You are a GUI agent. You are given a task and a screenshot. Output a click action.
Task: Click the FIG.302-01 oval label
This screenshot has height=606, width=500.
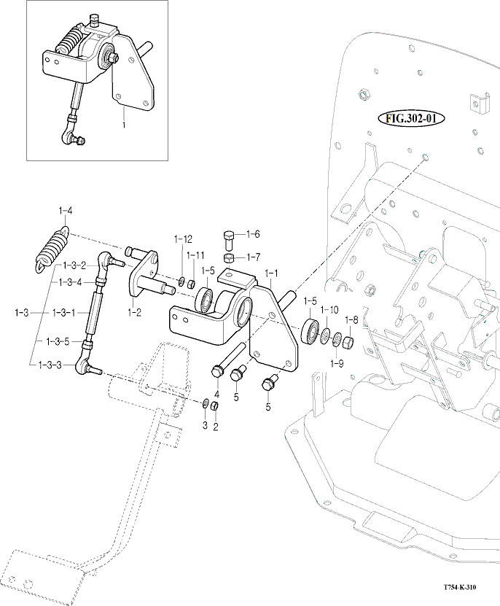[x=410, y=117]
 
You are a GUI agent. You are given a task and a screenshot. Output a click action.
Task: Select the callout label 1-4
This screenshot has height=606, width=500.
[x=65, y=211]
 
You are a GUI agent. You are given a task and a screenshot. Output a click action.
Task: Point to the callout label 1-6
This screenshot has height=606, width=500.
[x=253, y=234]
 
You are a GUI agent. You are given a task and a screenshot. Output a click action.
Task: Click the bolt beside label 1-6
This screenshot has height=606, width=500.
[x=227, y=239]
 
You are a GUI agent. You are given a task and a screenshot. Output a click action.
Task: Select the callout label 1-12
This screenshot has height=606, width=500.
[x=183, y=239]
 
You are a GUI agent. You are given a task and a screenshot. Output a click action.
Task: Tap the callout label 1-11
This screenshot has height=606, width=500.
[x=195, y=255]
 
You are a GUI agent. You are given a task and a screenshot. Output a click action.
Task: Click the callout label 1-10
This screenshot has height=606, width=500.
[x=329, y=310]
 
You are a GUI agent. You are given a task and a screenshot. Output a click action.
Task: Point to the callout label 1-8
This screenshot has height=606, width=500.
[x=351, y=319]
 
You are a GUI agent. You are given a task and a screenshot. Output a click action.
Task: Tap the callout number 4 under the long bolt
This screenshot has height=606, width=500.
[x=216, y=394]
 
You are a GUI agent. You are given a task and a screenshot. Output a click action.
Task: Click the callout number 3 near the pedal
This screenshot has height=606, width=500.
[x=205, y=424]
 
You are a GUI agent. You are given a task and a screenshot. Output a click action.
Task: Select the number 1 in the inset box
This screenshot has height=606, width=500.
[x=124, y=125]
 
